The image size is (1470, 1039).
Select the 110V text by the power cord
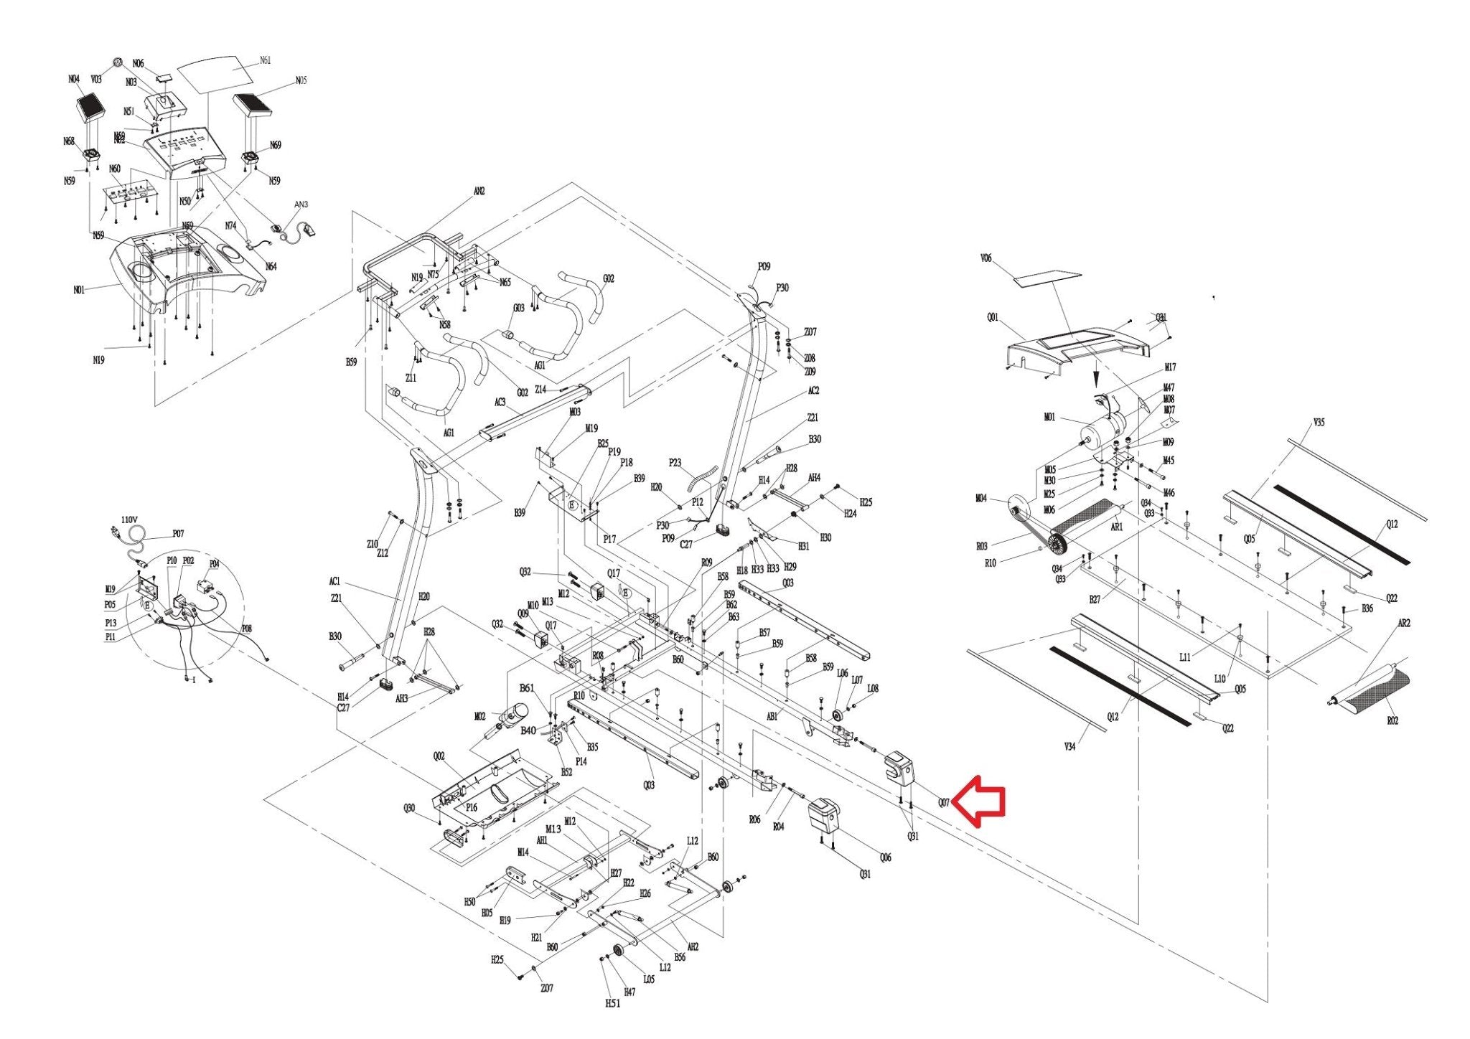(129, 519)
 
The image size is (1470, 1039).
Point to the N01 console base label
(79, 290)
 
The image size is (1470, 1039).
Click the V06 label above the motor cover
(986, 258)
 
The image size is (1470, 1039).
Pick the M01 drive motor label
(1049, 418)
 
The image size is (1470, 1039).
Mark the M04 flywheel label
(981, 498)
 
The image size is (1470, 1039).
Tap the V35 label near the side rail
(1319, 423)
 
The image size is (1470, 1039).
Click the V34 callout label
(1069, 747)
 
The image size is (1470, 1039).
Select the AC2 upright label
(813, 391)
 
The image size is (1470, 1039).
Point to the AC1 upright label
(335, 581)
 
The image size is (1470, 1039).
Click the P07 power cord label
(178, 534)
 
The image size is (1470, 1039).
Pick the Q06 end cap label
(885, 857)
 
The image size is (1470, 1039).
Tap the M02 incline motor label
(480, 716)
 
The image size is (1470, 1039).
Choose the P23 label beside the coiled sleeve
(675, 463)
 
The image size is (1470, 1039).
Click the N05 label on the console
(301, 80)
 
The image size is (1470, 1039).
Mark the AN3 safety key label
(301, 204)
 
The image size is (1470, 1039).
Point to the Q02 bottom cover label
(439, 756)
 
